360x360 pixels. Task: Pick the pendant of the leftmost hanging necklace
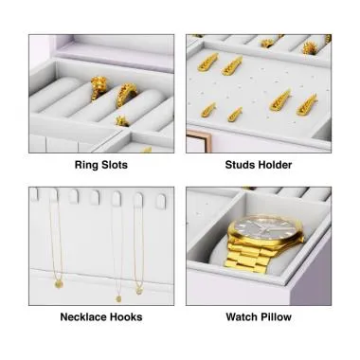pos(58,281)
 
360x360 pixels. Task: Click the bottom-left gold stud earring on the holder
pos(208,111)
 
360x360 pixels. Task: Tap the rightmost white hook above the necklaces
pos(159,200)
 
